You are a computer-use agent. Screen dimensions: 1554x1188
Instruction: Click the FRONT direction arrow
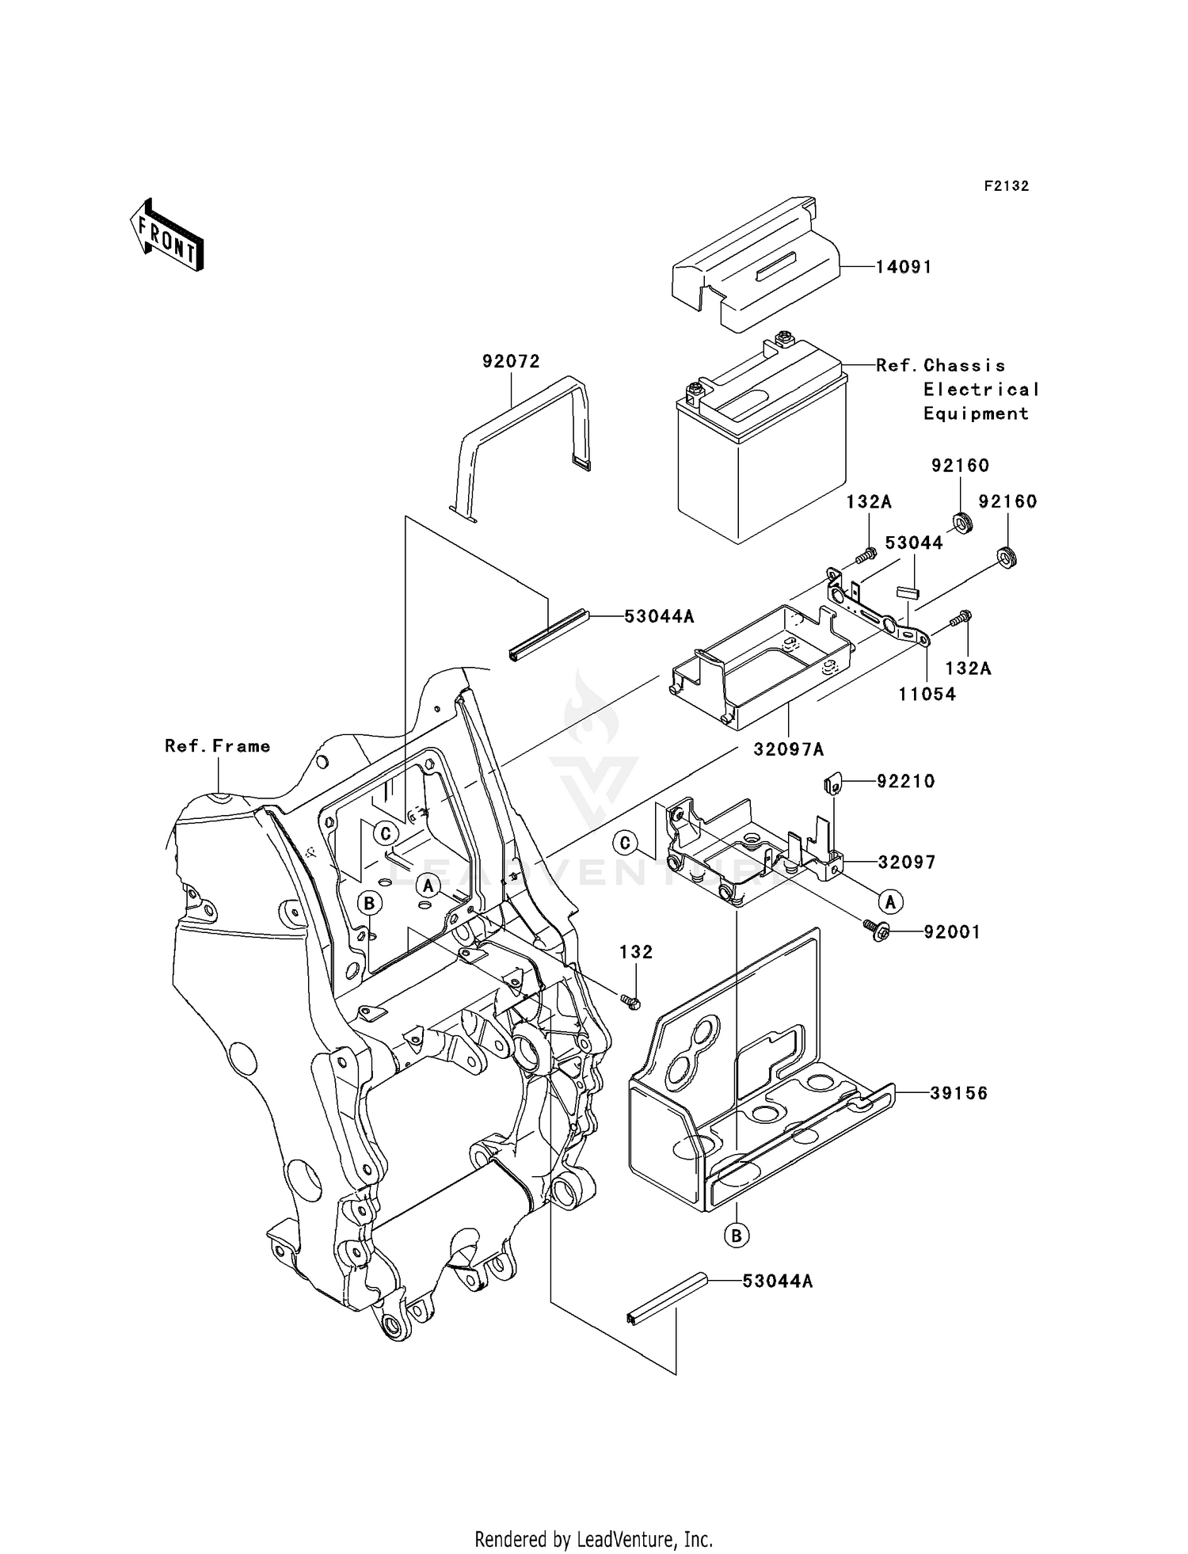(x=167, y=237)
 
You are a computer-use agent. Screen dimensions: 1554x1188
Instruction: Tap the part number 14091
(x=903, y=267)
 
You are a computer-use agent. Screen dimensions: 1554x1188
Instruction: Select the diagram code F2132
(x=1006, y=186)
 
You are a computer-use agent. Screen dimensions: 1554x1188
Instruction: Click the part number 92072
(x=511, y=362)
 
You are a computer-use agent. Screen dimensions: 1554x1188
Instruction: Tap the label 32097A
(x=789, y=748)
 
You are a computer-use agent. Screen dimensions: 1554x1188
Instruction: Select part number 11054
(x=927, y=695)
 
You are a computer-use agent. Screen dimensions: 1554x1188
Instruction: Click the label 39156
(x=958, y=1094)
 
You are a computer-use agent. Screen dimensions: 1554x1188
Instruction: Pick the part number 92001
(x=952, y=933)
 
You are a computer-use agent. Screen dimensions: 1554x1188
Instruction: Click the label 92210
(x=905, y=782)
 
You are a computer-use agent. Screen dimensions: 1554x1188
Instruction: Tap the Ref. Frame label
(x=217, y=746)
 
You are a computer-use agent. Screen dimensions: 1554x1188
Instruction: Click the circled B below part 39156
(x=737, y=1235)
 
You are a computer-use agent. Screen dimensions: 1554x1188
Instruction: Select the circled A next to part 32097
(x=890, y=901)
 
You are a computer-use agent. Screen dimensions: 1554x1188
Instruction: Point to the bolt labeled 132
(x=631, y=1002)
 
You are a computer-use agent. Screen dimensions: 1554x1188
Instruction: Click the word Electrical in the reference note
(x=980, y=390)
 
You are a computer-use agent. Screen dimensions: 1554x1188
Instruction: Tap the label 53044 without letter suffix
(x=913, y=543)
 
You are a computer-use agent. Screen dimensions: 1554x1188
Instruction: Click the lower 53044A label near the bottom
(x=777, y=1282)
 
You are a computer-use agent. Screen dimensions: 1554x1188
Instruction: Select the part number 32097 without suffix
(x=906, y=862)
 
